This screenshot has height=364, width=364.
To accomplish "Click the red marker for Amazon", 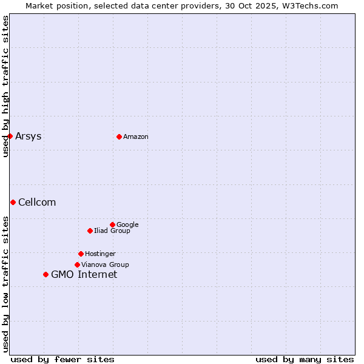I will (x=119, y=136).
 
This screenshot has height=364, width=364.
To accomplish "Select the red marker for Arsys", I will (x=10, y=136).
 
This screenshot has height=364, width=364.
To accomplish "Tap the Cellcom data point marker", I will (x=13, y=202).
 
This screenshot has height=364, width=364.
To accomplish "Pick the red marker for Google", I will (x=112, y=224).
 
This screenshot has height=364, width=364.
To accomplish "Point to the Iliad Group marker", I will (x=90, y=231).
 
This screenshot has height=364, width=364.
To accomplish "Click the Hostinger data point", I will (x=81, y=254).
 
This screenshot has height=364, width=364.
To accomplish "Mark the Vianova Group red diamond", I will (x=77, y=265).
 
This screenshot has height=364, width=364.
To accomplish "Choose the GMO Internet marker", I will (x=45, y=274).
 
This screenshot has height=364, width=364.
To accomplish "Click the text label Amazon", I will (x=136, y=136).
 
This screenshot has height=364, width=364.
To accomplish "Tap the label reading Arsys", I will (x=29, y=136).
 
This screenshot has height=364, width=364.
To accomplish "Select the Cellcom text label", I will (x=37, y=202).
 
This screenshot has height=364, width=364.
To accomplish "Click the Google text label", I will (x=127, y=224).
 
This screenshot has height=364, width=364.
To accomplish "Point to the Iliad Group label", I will (x=112, y=231).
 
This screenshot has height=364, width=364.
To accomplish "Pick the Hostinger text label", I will (x=100, y=254).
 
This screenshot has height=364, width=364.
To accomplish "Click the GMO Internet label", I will (x=84, y=274).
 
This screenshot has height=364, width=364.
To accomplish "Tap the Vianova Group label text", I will (x=105, y=265).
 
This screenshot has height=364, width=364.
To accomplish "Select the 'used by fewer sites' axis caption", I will (x=62, y=359).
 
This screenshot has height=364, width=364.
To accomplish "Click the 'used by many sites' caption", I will (x=305, y=359).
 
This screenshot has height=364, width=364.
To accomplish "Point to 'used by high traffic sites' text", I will (x=5, y=86).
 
